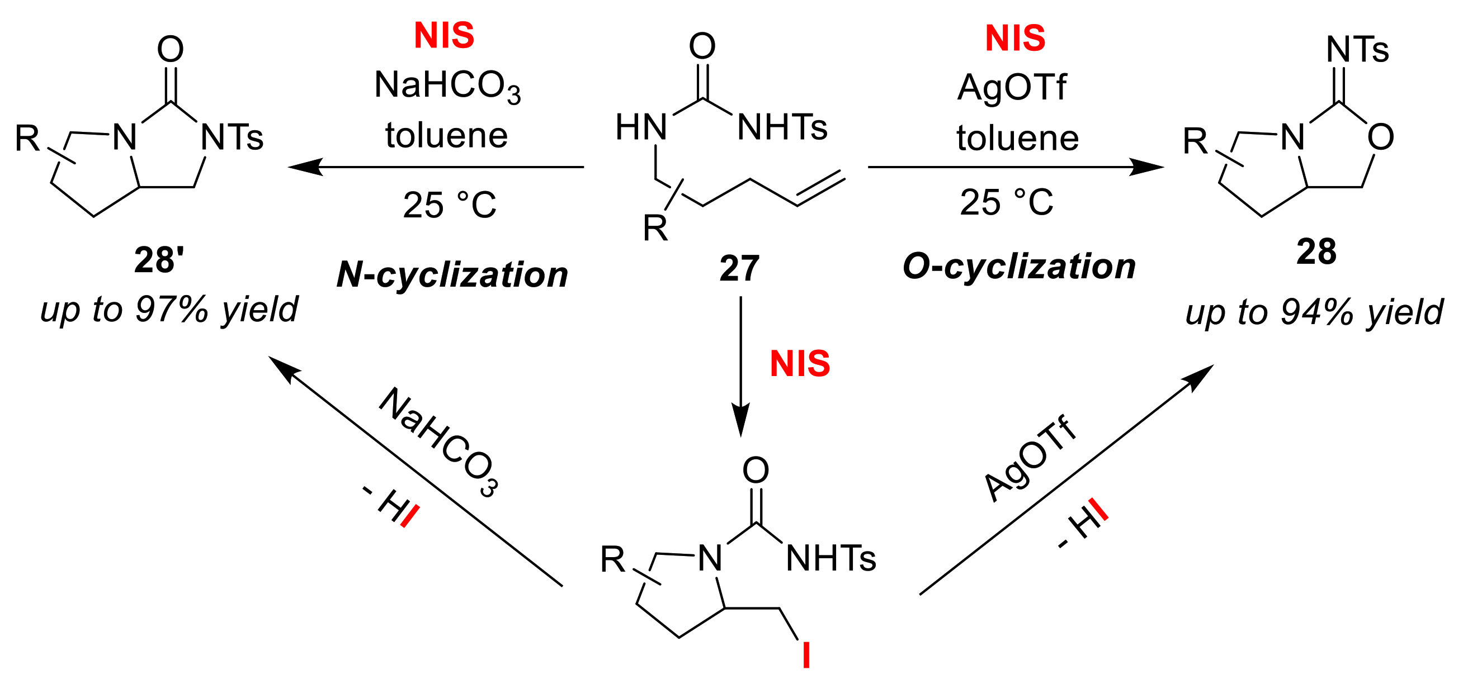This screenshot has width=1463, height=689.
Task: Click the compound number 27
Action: tap(739, 268)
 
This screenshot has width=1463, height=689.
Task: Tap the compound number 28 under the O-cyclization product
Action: tap(1316, 251)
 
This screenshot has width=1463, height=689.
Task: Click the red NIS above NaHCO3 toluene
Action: tap(444, 36)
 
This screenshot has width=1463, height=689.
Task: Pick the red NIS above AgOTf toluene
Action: tap(1015, 38)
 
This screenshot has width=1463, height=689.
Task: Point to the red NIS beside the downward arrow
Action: tap(800, 364)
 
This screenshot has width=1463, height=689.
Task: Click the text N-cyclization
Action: tap(452, 275)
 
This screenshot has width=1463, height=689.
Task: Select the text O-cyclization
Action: tap(1019, 267)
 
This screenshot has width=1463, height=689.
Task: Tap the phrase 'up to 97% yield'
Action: tap(169, 310)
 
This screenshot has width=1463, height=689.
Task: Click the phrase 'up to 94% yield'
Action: tap(1314, 312)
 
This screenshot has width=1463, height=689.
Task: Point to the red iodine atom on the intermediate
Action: tap(805, 655)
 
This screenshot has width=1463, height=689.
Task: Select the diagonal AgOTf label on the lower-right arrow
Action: tap(1029, 460)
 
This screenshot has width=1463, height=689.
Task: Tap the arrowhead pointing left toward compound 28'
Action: tap(304, 167)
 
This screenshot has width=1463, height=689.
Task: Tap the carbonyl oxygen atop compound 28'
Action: tap(171, 49)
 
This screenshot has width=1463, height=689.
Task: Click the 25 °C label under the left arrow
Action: tap(449, 205)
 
